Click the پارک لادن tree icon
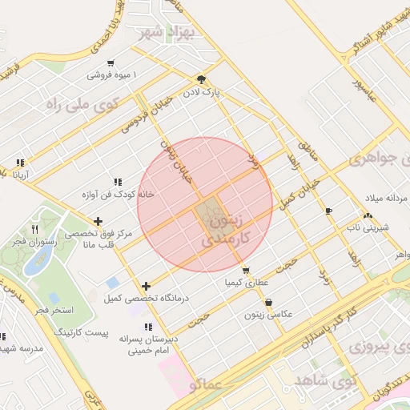(x=201, y=79)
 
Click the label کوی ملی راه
(x=82, y=104)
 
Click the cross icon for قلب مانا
(x=98, y=221)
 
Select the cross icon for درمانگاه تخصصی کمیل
(x=146, y=286)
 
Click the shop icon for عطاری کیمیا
(x=246, y=270)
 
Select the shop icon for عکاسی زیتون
(x=268, y=303)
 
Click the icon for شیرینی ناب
(x=368, y=215)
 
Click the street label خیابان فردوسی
(x=146, y=117)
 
